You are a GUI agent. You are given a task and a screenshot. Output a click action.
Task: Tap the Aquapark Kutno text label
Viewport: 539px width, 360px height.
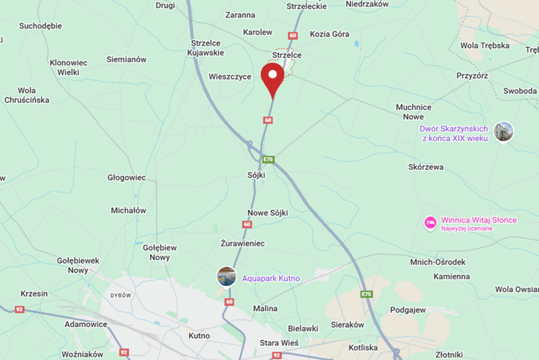pos(271,278)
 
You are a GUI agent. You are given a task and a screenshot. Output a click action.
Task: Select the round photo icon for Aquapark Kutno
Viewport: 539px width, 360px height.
pos(226,277)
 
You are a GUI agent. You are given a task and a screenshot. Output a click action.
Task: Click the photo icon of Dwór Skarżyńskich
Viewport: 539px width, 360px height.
pos(503,132)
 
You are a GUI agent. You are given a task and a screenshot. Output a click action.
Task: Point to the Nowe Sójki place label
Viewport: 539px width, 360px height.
pos(268,213)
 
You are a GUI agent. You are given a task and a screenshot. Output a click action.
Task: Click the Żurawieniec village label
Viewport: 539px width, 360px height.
pos(242,243)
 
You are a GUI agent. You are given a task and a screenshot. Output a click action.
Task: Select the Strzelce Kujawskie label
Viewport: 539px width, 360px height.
pos(208,48)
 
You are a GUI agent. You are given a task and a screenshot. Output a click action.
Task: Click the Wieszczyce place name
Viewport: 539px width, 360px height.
pos(230,77)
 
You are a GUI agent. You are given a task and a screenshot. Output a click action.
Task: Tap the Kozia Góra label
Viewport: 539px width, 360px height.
pos(330,34)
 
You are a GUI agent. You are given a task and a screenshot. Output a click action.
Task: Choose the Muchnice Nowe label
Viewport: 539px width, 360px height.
pos(414,112)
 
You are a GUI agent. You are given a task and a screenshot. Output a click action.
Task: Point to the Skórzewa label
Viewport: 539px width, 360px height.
pos(426,167)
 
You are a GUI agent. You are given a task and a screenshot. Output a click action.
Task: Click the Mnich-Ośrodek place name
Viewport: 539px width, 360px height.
pos(438,262)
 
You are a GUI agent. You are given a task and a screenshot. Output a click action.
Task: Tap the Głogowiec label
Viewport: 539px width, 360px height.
pos(127,177)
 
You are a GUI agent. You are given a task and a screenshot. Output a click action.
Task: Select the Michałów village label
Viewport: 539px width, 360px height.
pos(128,210)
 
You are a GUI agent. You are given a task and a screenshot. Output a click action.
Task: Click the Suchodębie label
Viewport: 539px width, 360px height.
pos(40,26)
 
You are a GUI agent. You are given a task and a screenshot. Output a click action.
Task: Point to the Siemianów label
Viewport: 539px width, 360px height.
pos(127,59)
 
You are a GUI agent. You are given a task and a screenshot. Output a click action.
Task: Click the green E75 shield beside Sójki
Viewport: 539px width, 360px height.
pos(268,160)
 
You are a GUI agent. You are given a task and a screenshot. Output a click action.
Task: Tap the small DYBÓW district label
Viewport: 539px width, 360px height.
pos(120,295)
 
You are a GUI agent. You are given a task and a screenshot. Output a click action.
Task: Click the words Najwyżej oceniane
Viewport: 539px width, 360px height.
pos(467,228)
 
